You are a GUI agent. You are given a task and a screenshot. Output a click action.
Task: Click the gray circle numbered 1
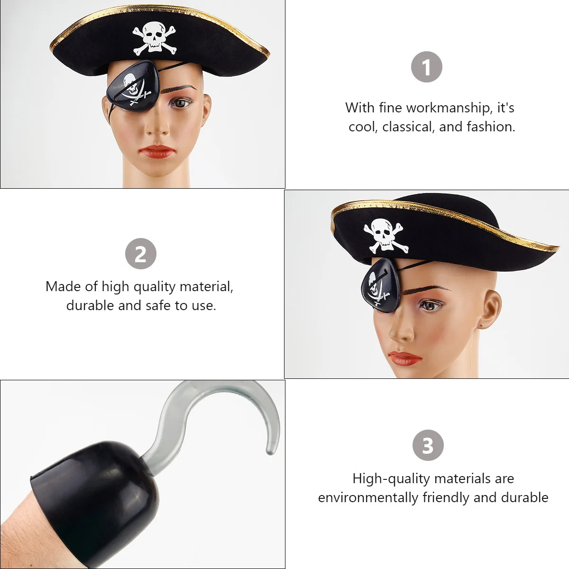point(426,67)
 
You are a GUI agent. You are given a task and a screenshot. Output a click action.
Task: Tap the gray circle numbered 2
point(141,254)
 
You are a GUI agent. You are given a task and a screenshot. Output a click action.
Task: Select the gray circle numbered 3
point(428,445)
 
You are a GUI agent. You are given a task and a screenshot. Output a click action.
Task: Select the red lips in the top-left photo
point(157,152)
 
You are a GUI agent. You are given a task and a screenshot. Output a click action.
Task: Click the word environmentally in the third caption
point(368,497)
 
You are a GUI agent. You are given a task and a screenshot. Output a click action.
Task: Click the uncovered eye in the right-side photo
point(430,305)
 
